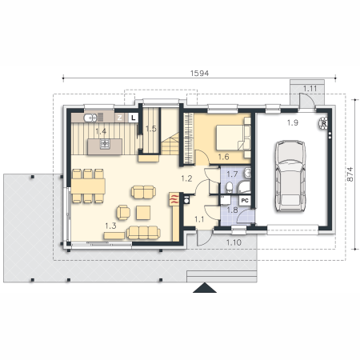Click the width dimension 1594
(199, 73)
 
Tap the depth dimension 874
(350, 174)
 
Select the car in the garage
(290, 176)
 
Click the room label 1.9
(293, 122)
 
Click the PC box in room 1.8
(245, 201)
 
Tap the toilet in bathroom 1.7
(229, 187)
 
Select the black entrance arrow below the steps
(205, 288)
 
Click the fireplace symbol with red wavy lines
(174, 199)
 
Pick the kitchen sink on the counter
(90, 118)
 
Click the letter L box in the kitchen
(134, 118)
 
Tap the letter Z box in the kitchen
(120, 118)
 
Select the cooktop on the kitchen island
(105, 144)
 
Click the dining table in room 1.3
(88, 186)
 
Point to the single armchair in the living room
(123, 212)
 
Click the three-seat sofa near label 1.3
(143, 232)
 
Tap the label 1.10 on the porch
(234, 242)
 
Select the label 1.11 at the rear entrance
(310, 88)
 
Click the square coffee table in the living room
(143, 213)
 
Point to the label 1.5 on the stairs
(151, 129)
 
